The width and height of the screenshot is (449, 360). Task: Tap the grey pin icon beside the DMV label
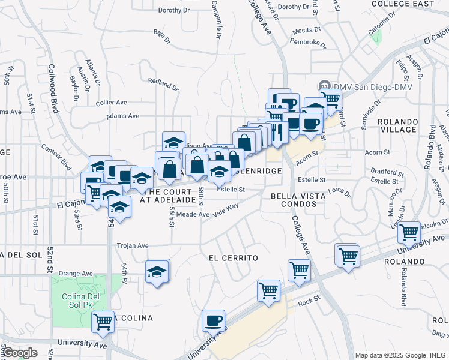coord(325,85)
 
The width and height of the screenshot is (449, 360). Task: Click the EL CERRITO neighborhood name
coord(234,258)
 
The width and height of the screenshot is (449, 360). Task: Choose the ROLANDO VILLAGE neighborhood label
coord(398,125)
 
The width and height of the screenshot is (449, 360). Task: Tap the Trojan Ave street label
coord(133,245)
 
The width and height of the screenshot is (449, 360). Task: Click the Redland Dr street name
coord(163,84)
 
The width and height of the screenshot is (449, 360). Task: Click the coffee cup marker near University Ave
coord(212,320)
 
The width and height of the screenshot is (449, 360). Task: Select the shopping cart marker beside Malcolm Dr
coord(409,232)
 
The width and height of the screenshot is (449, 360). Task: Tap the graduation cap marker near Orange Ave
coord(157,271)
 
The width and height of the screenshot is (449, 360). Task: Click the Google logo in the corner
coord(19,353)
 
